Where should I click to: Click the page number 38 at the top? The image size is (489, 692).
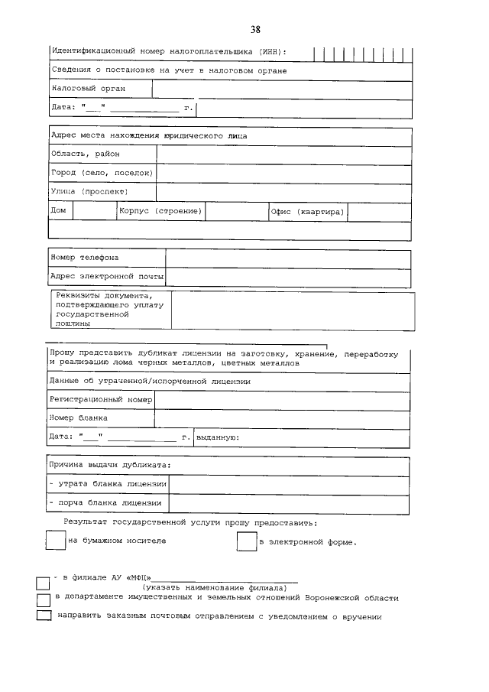[x=255, y=30]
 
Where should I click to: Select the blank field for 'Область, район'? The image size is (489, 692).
[x=283, y=154]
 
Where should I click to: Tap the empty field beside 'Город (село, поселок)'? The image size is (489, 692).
[x=283, y=174]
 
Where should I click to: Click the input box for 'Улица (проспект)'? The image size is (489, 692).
[x=283, y=192]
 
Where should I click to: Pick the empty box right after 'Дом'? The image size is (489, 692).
[x=93, y=211]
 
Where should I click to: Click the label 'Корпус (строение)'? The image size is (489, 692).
[x=160, y=211]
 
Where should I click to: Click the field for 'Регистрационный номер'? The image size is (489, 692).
[x=282, y=400]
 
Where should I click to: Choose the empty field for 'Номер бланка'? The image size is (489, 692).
[x=282, y=418]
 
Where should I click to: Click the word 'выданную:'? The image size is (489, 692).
[x=218, y=437]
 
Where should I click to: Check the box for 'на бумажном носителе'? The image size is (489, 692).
[x=55, y=541]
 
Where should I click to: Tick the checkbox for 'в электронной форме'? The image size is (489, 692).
[x=246, y=541]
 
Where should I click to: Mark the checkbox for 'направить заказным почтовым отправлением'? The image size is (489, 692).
[x=44, y=616]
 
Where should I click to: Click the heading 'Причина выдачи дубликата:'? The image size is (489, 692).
[x=109, y=465]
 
